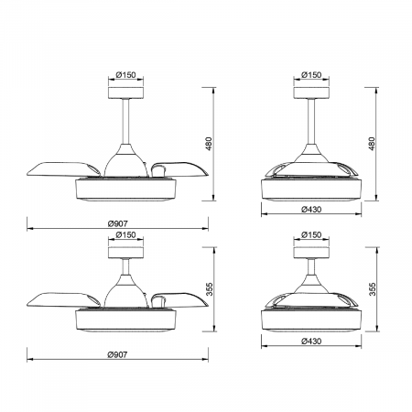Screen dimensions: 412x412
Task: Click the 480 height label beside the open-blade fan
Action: point(209,144)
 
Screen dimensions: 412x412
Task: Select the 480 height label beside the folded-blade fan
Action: point(372,144)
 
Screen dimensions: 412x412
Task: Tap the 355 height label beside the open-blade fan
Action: point(209,289)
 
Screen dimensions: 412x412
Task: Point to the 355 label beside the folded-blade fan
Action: point(372,289)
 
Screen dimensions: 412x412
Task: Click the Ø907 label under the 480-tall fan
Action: point(117,223)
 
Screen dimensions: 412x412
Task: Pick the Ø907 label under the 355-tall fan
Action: point(117,354)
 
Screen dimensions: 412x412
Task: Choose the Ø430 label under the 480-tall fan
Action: point(311,210)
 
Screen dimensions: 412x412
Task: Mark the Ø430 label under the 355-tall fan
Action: point(311,341)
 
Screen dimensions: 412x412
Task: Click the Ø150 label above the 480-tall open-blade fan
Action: point(125,75)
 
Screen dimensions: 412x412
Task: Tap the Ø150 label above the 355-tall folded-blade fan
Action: point(311,234)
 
